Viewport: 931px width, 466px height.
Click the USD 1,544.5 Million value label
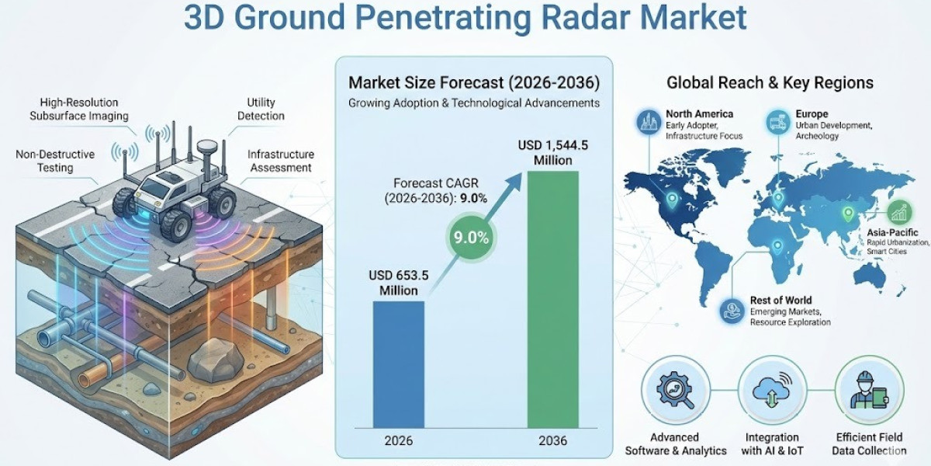click(552, 153)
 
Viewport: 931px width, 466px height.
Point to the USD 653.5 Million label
click(399, 283)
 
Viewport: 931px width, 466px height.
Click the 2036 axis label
click(552, 440)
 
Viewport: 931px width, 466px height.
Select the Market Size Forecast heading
click(473, 83)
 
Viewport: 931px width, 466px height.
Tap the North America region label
click(699, 114)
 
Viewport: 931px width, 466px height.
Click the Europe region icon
click(777, 120)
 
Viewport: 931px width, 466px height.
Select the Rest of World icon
click(731, 310)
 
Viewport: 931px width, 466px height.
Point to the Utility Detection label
click(265, 109)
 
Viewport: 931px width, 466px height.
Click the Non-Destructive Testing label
click(55, 161)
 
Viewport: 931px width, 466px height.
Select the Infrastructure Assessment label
click(280, 161)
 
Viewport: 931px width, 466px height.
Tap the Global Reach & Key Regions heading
click(770, 82)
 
